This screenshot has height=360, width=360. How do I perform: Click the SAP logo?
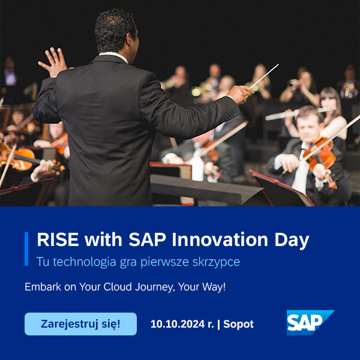click(x=310, y=322)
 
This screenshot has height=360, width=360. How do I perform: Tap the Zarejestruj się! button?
click(x=80, y=324)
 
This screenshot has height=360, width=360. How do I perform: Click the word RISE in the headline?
click(x=58, y=239)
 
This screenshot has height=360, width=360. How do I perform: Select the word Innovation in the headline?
click(x=220, y=239)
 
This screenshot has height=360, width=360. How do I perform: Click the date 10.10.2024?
click(x=178, y=324)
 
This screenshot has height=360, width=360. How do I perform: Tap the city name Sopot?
click(x=238, y=325)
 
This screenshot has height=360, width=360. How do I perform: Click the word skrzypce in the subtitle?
click(x=216, y=262)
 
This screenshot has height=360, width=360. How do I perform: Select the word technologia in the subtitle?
click(x=85, y=262)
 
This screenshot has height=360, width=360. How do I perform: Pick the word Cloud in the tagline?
click(x=118, y=287)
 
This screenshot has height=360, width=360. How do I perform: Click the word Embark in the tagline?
click(x=43, y=287)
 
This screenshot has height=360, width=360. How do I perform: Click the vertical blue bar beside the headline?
click(x=26, y=249)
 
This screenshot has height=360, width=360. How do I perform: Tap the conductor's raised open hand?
click(x=54, y=62)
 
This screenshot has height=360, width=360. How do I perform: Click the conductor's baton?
click(x=264, y=76)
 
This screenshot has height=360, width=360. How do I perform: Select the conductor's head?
click(x=116, y=32)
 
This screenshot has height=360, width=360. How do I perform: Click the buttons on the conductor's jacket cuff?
click(x=230, y=116)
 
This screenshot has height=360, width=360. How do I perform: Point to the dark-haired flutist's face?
click(x=329, y=104)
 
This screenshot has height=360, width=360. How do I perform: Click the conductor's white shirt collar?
click(x=113, y=56)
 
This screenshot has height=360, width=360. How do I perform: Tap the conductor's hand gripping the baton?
click(x=239, y=94)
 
